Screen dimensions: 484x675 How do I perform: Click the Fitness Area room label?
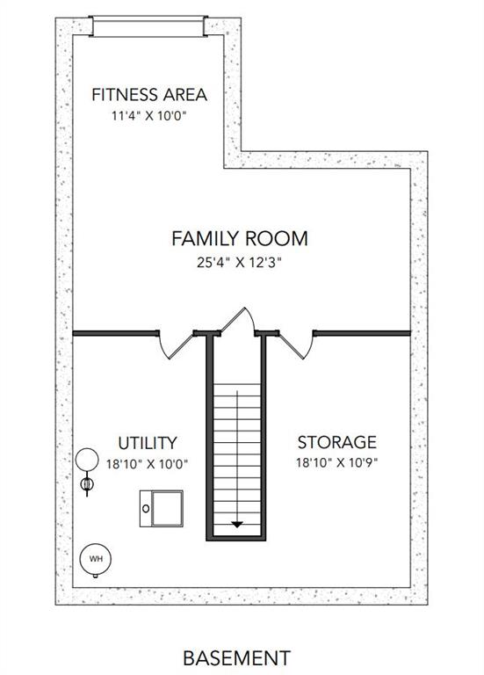[x=149, y=95]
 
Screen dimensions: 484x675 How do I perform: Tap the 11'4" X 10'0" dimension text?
[x=149, y=116]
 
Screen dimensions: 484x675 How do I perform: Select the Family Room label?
[x=240, y=238]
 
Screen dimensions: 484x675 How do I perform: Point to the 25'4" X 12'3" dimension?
[x=239, y=262]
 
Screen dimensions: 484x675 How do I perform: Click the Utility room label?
[x=148, y=443]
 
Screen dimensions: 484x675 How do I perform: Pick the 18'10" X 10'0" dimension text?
[x=148, y=464]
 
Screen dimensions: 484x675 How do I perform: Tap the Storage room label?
[x=336, y=442]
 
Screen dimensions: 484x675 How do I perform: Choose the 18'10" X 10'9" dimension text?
[x=336, y=463]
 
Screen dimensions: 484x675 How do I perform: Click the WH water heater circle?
[x=96, y=559]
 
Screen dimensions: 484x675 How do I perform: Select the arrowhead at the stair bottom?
[x=237, y=525]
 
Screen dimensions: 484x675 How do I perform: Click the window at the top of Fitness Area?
[x=148, y=26]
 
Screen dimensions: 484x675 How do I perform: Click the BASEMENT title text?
[x=237, y=658]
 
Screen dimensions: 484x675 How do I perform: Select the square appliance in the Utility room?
[x=162, y=508]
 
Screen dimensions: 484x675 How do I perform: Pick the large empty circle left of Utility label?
[x=87, y=460]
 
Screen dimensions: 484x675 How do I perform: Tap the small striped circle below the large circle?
[x=87, y=484]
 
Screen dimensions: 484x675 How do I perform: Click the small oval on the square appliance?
[x=146, y=509]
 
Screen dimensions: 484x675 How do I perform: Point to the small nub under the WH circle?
[x=96, y=576]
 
